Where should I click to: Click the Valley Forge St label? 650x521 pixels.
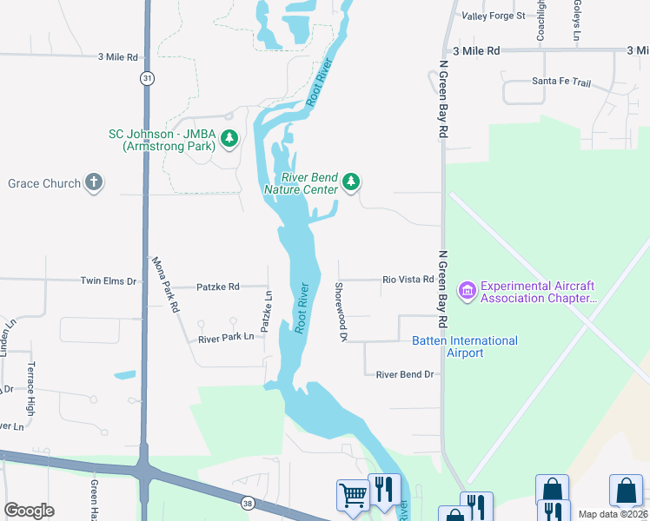(494, 16)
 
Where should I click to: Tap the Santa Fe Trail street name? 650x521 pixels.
(560, 83)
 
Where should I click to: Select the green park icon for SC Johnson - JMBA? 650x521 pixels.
(229, 139)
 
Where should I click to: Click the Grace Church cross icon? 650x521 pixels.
(94, 183)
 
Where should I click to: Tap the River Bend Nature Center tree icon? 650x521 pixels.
(351, 181)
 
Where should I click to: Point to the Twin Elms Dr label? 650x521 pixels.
(109, 281)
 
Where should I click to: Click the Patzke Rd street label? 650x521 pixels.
(217, 286)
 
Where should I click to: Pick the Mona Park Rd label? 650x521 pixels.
(165, 284)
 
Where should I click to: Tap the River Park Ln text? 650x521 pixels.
(226, 337)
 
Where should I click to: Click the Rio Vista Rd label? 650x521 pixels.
(408, 280)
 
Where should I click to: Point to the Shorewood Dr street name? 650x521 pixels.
(342, 311)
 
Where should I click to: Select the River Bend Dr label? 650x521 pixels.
(404, 374)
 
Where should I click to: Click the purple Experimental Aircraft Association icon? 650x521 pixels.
(468, 291)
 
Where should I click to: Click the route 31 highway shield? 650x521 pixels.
(149, 78)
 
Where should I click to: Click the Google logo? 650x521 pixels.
(29, 511)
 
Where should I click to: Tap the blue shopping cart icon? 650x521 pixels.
(353, 495)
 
